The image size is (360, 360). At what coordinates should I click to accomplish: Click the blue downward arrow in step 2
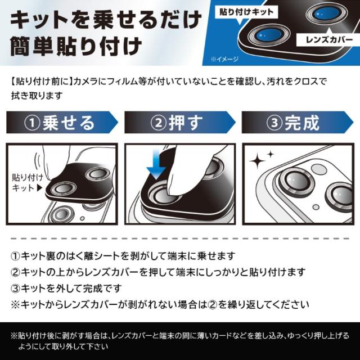[x=156, y=164]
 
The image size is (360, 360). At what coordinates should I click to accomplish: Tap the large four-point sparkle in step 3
[x=258, y=161]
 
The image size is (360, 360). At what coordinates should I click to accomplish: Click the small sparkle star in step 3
[x=271, y=154]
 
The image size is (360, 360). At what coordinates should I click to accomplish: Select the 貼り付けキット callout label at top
[x=246, y=12]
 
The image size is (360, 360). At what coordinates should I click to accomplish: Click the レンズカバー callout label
[x=328, y=40]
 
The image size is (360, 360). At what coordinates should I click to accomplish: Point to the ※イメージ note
[x=224, y=59]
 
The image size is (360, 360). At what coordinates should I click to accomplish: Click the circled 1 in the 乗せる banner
[x=32, y=123]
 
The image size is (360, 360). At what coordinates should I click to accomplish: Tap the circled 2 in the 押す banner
[x=159, y=123]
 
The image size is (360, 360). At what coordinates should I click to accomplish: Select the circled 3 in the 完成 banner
[x=274, y=123]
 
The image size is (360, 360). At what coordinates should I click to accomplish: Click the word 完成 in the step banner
[x=302, y=123]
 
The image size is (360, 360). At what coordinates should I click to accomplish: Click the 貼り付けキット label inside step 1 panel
[x=27, y=182]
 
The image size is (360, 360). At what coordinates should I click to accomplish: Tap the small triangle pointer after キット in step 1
[x=39, y=188]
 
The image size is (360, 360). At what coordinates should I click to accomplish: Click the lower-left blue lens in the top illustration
[x=268, y=35]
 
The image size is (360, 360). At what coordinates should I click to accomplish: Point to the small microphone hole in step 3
[x=316, y=207]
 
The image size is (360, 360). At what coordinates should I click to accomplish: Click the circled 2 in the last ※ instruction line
[x=212, y=305]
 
